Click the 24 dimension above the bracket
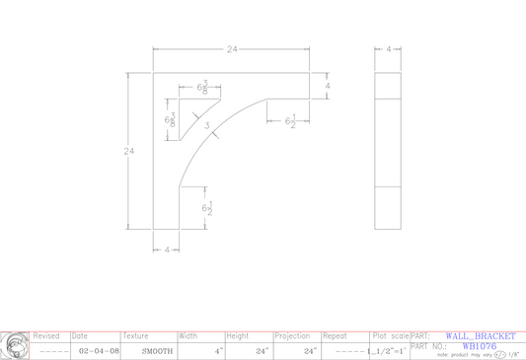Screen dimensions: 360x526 (x=233, y=48)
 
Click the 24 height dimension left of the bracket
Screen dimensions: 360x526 (x=128, y=151)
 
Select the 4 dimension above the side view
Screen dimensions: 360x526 (x=389, y=48)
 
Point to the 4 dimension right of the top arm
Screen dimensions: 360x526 (x=327, y=86)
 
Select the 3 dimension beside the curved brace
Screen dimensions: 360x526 (x=206, y=125)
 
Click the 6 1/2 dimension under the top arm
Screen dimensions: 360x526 (x=291, y=121)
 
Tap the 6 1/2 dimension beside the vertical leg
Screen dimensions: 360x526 (x=206, y=209)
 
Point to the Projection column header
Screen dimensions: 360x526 (x=293, y=336)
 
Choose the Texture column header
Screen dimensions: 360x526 (x=135, y=336)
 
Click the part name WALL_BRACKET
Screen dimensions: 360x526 (x=480, y=336)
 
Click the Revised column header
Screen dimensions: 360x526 (x=47, y=336)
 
